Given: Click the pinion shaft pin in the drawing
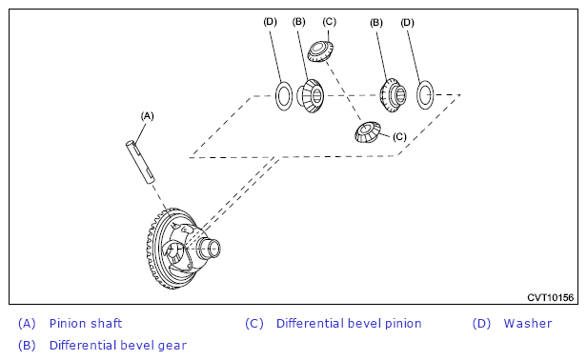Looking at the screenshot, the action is tap(140, 162).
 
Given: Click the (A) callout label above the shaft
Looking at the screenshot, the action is tap(147, 116).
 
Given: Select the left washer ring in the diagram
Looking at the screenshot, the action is tap(284, 95).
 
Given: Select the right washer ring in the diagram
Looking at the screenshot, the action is tap(425, 95).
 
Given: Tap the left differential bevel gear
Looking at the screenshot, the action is tap(311, 96).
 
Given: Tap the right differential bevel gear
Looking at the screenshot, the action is tap(393, 95).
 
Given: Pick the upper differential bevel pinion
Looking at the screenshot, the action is tap(320, 51).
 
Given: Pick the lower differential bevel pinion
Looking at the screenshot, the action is tap(368, 131).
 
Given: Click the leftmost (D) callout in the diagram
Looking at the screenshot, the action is tap(271, 22).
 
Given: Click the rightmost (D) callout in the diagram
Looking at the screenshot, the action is tap(407, 23).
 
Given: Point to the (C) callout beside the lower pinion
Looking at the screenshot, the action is tap(399, 136).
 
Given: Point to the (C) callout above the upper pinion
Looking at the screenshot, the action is tap(330, 22).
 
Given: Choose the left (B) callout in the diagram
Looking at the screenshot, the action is tap(299, 22).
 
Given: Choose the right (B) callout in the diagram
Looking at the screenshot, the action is tap(376, 23).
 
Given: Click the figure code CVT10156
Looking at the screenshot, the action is tap(551, 297).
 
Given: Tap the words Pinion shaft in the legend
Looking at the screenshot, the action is tap(86, 323).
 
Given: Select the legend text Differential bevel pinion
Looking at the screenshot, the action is tap(349, 323).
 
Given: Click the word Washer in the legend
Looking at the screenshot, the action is tap(528, 323).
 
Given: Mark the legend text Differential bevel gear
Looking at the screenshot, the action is tap(118, 345).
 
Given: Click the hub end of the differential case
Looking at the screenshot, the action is tap(210, 249).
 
